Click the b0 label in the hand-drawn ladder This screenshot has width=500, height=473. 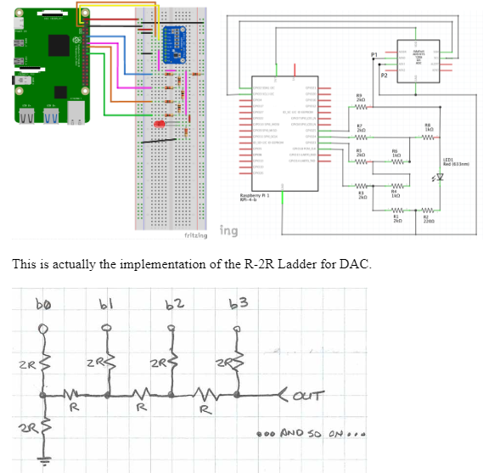click(43, 302)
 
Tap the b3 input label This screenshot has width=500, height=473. click(238, 304)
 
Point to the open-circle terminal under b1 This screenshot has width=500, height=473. click(107, 326)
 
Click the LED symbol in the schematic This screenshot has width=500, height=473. click(438, 177)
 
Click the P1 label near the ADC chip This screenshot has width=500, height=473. click(374, 54)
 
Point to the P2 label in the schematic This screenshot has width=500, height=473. click(384, 76)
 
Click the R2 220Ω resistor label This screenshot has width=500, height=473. click(426, 218)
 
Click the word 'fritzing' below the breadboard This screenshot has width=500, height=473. click(196, 235)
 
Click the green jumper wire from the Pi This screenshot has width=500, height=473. click(106, 93)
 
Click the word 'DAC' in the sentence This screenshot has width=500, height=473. click(357, 264)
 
